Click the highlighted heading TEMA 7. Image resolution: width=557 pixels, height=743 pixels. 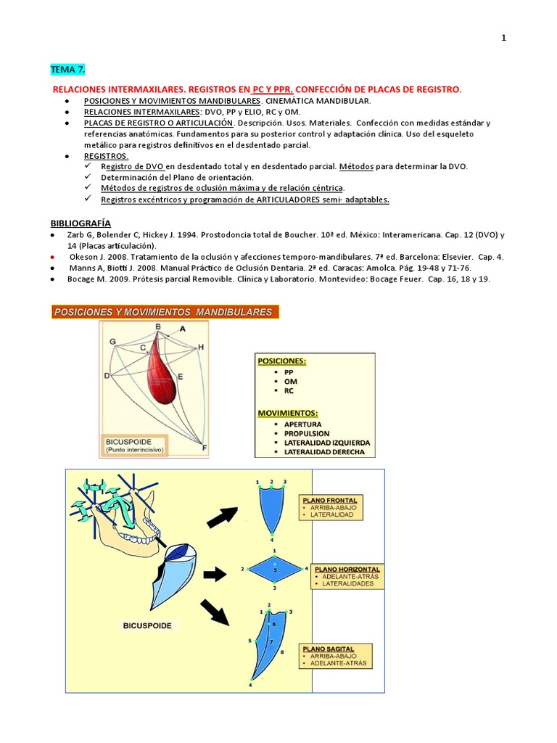pyautogui.click(x=67, y=70)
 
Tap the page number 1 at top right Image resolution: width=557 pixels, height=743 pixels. pyautogui.click(x=504, y=38)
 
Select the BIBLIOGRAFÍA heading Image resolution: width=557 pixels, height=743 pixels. pyautogui.click(x=80, y=223)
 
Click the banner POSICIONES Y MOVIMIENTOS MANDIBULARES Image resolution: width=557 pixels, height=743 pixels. pyautogui.click(x=162, y=312)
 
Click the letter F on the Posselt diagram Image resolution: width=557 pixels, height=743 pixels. pyautogui.click(x=204, y=447)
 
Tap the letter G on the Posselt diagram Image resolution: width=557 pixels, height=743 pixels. pyautogui.click(x=112, y=341)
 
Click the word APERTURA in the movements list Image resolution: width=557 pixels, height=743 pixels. pyautogui.click(x=303, y=424)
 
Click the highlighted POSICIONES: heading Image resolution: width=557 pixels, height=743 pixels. pyautogui.click(x=282, y=360)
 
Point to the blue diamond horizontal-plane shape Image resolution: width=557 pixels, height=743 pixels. pyautogui.click(x=274, y=570)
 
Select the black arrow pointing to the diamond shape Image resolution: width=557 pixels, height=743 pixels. pyautogui.click(x=215, y=575)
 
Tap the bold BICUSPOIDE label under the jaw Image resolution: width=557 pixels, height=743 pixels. pyautogui.click(x=147, y=625)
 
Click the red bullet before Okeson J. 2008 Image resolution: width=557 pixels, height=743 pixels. pyautogui.click(x=52, y=257)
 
